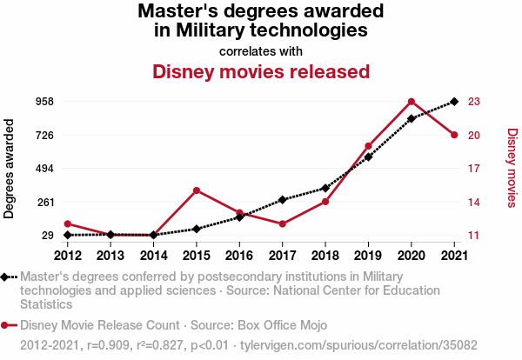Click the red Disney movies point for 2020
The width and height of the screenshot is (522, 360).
pyautogui.click(x=411, y=102)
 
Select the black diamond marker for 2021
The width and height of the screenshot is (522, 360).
pyautogui.click(x=453, y=102)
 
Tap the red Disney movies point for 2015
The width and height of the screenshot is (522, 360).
pyautogui.click(x=197, y=190)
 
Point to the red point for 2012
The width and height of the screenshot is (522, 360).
pyautogui.click(x=68, y=224)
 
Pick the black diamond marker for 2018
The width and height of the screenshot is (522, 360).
pyautogui.click(x=325, y=188)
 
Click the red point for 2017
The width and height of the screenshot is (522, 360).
pyautogui.click(x=282, y=224)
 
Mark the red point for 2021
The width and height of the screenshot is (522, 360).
pyautogui.click(x=453, y=135)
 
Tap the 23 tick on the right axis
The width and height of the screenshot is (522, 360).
pyautogui.click(x=474, y=102)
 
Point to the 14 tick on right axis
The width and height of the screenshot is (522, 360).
pyautogui.click(x=474, y=202)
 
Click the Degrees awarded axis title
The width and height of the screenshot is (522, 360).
pyautogui.click(x=10, y=169)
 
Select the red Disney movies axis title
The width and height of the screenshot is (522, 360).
pyautogui.click(x=511, y=169)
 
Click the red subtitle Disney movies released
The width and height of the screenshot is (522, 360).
pyautogui.click(x=261, y=71)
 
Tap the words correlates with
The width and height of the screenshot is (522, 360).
pyautogui.click(x=261, y=50)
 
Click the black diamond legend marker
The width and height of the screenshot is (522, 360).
pyautogui.click(x=6, y=277)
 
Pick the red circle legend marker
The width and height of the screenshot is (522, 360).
pyautogui.click(x=6, y=326)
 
